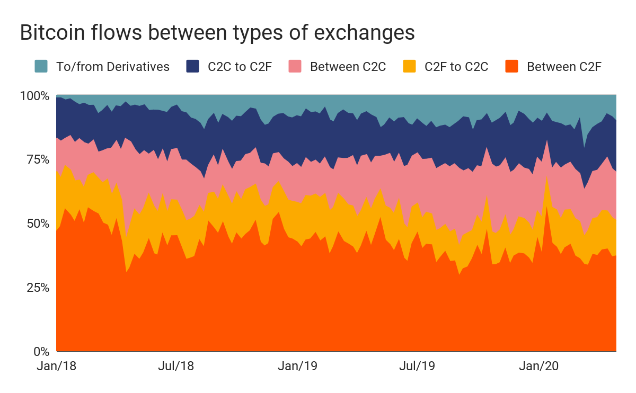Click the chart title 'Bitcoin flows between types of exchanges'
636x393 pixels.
click(217, 33)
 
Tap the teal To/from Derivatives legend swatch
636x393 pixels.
click(41, 67)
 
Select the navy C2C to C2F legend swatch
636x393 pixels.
click(193, 67)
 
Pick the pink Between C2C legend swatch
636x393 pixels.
click(295, 67)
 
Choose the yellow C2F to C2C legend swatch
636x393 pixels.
click(410, 67)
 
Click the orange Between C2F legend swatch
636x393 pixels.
click(512, 67)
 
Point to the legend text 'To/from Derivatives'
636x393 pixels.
click(113, 67)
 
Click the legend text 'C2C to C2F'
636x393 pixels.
click(240, 67)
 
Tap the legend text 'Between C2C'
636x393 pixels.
click(348, 67)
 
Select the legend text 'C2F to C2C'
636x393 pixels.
click(456, 67)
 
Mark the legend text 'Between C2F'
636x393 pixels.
click(564, 67)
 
